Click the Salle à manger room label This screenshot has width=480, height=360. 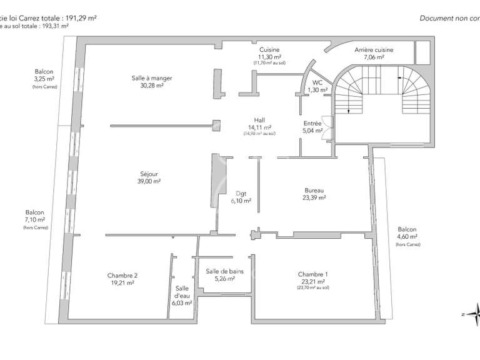tap(152, 78)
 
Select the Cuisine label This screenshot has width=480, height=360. tap(269, 49)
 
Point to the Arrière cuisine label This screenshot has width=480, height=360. tap(374, 49)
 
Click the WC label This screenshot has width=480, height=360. tap(317, 82)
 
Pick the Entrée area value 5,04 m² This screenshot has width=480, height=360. tap(312, 131)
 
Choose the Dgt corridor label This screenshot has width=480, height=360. tap(241, 193)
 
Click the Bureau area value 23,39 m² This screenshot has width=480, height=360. tap(314, 197)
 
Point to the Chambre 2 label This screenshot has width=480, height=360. tap(122, 276)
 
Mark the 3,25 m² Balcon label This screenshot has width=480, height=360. tap(45, 72)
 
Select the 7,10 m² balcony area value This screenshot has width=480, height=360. tap(35, 219)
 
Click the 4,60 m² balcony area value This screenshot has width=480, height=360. tap(407, 237)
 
